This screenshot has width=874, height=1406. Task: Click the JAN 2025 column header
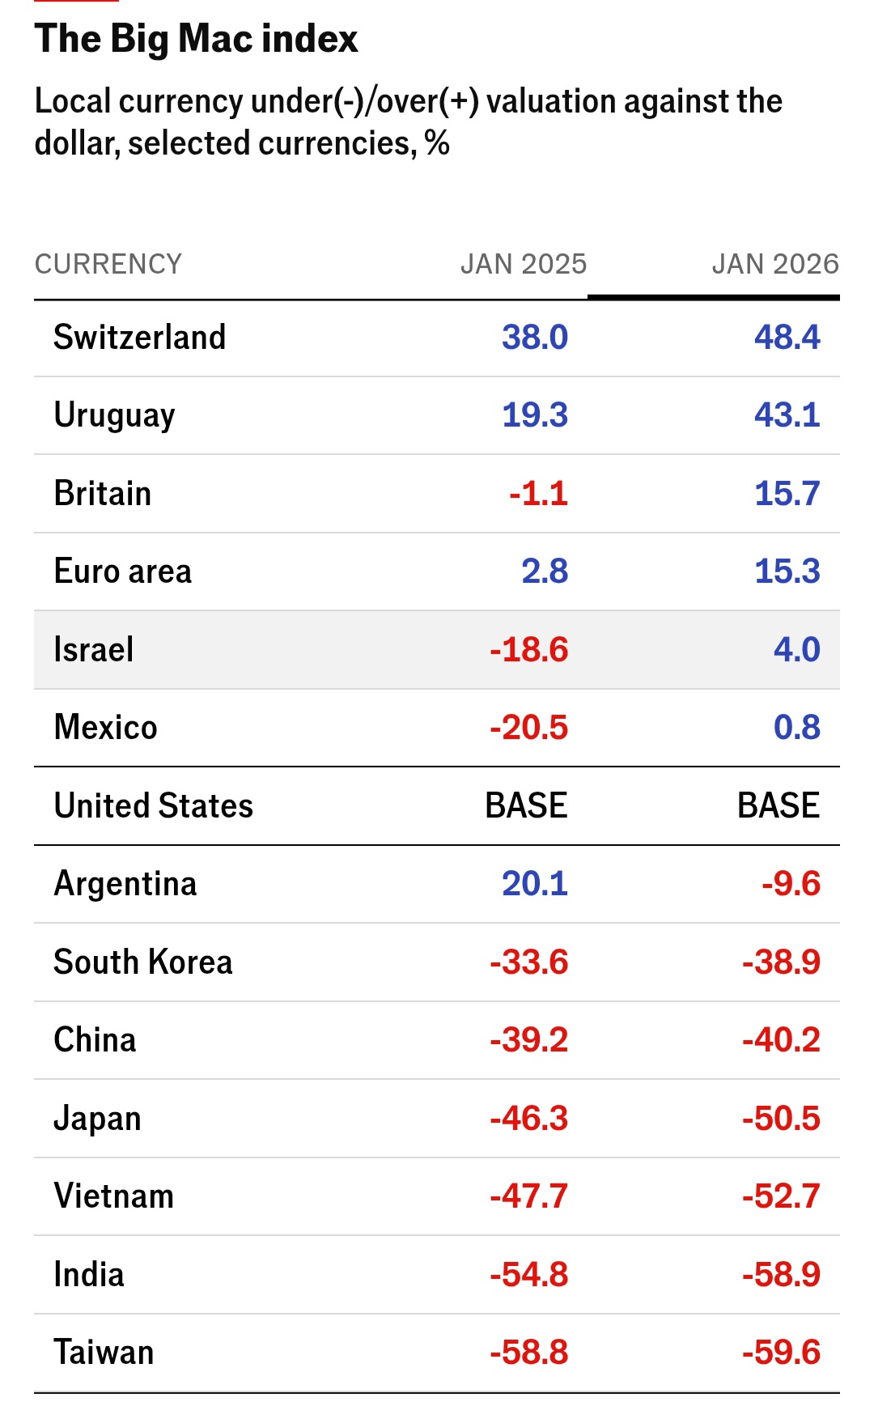523,264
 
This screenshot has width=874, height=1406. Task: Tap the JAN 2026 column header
774,264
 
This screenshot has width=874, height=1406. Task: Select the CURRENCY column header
108,264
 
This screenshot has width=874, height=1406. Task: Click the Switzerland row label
140,338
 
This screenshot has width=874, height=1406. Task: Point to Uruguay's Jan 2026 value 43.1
787,415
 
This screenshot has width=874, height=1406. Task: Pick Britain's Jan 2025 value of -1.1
538,494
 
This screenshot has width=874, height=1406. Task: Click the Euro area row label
123,571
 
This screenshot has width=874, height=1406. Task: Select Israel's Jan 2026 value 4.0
796,650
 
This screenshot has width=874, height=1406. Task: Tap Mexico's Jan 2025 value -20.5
528,728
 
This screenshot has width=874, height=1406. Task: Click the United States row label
154,806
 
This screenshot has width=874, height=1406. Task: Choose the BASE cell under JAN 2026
778,806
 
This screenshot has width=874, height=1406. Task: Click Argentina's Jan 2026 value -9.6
791,884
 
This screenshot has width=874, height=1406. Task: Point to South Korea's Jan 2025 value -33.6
528,962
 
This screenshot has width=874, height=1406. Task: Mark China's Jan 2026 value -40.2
781,1040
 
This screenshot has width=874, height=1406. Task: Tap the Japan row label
97,1119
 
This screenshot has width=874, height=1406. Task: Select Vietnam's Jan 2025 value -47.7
528,1196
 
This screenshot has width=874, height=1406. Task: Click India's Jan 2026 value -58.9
781,1275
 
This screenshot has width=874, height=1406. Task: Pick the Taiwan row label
104,1353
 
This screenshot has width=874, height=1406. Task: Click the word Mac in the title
214,39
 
